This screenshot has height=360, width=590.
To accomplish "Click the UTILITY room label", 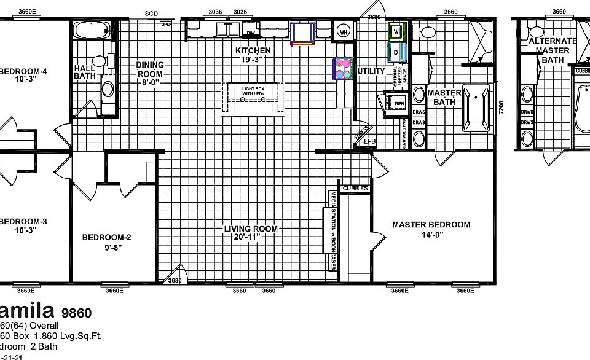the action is [x=371, y=71].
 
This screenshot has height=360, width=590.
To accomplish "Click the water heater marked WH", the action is [x=344, y=32].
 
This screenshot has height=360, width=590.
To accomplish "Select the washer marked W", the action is [x=396, y=30].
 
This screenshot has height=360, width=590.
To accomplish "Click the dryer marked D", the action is [x=396, y=53].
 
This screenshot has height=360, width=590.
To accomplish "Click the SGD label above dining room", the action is [x=151, y=14].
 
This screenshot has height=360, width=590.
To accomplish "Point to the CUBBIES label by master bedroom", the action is [x=355, y=188].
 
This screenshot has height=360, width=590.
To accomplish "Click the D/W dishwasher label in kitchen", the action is [x=251, y=32].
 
